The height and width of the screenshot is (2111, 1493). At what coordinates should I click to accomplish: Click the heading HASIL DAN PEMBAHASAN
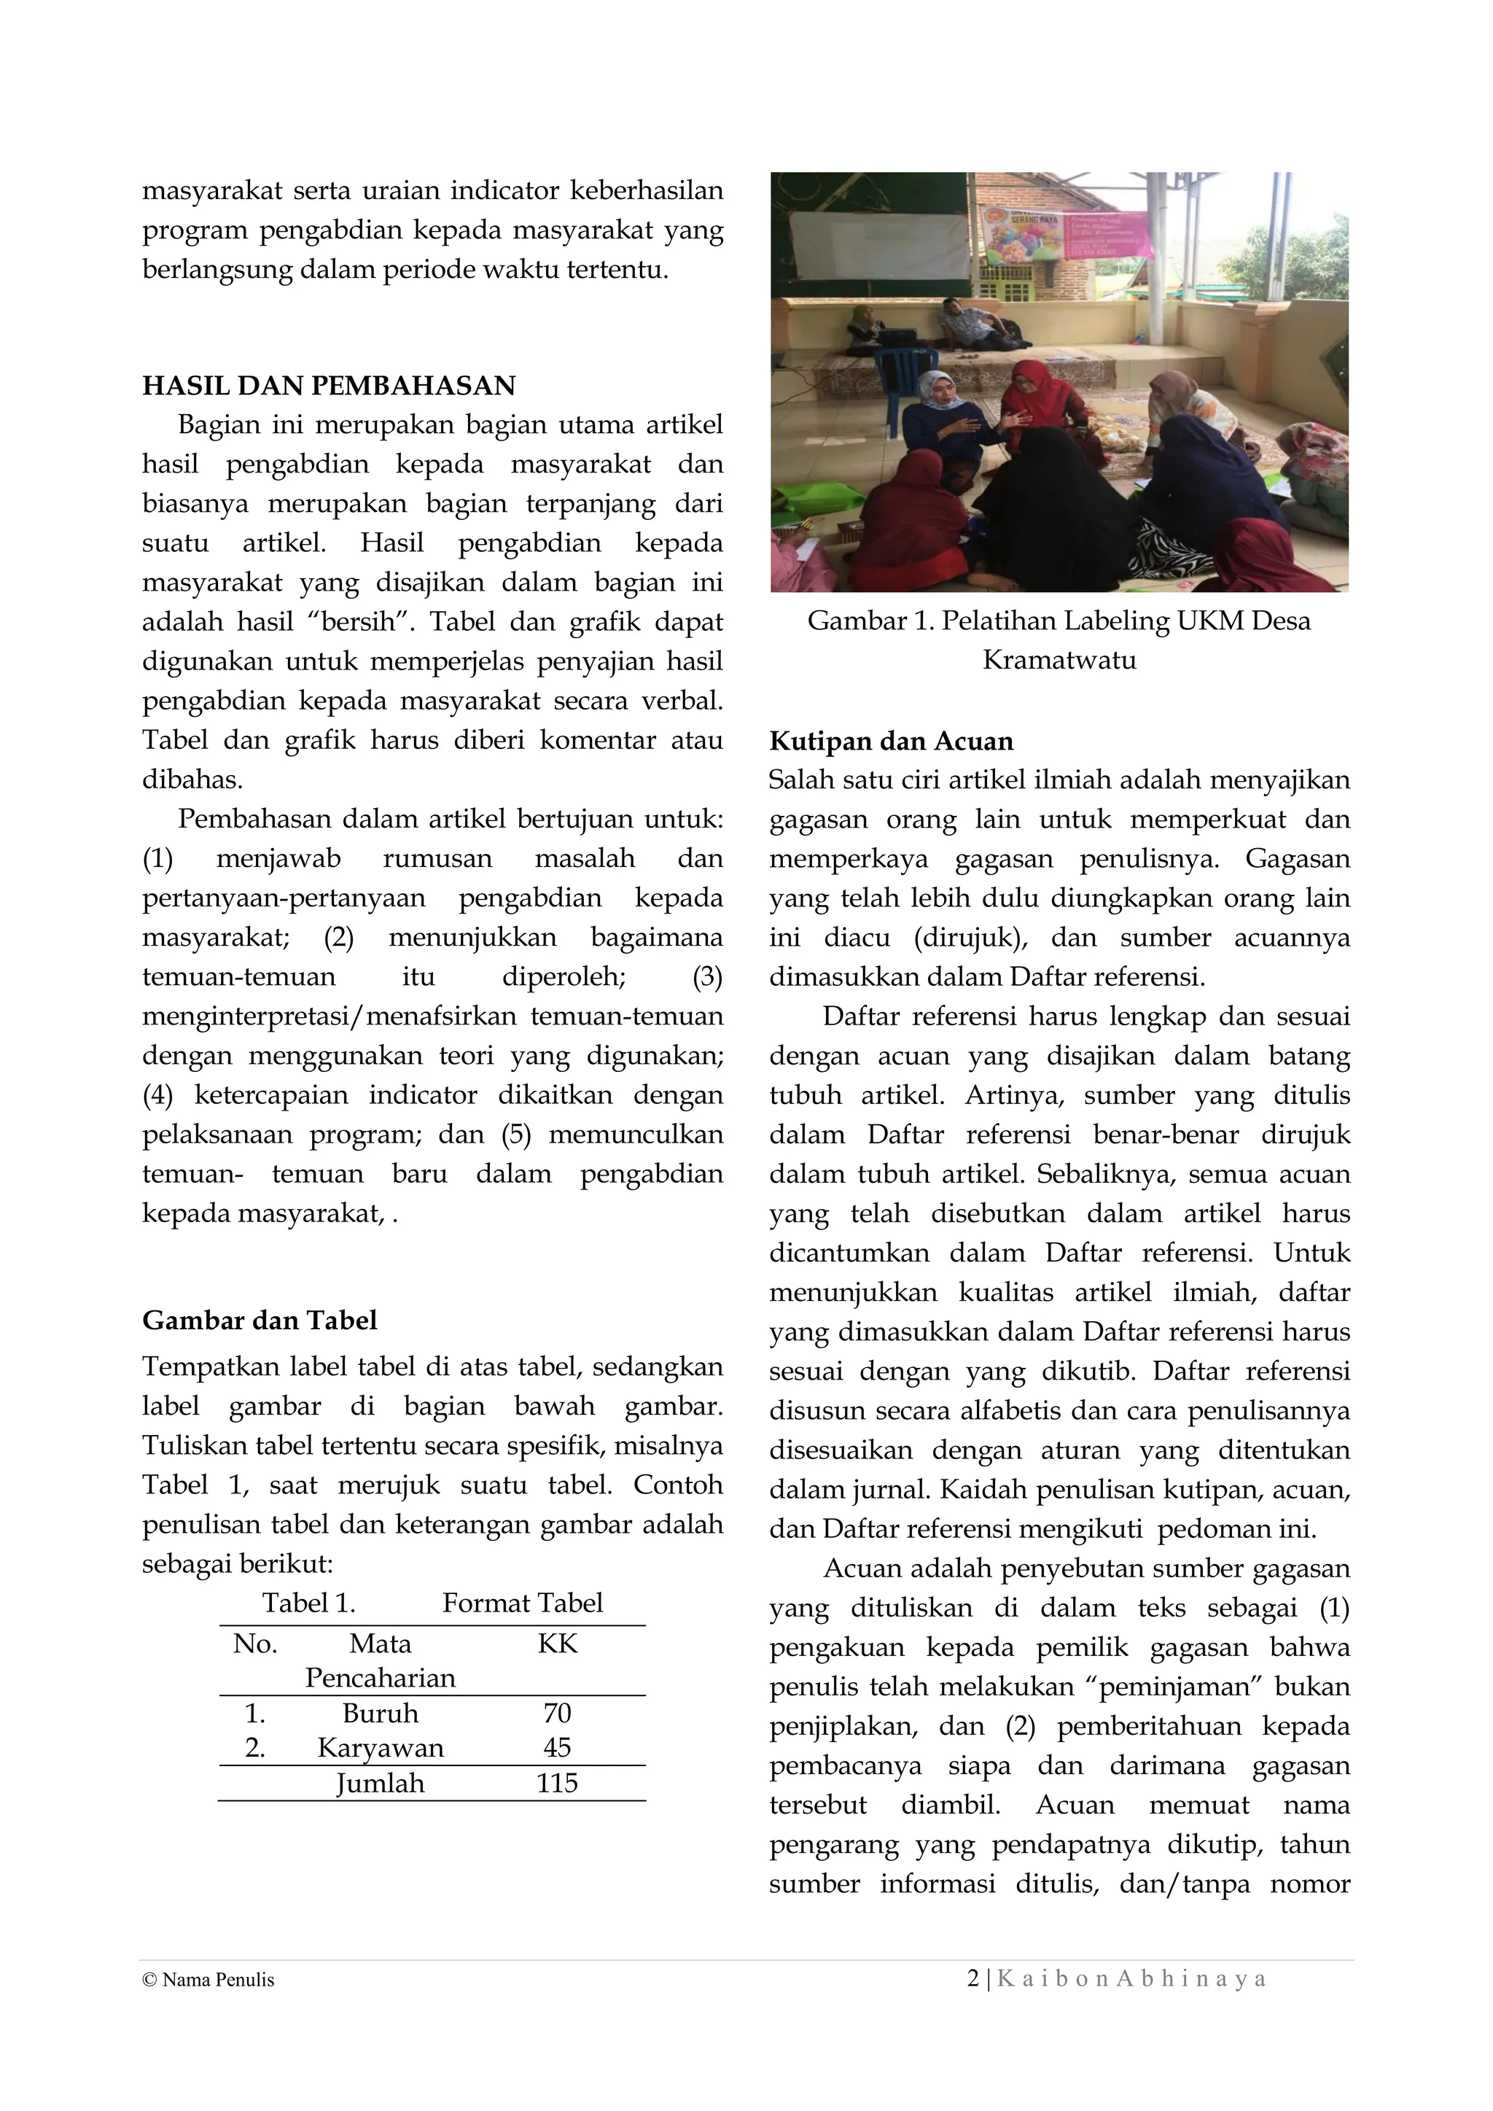pos(328,385)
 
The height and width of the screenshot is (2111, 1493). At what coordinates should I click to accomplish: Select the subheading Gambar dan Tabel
pos(260,1321)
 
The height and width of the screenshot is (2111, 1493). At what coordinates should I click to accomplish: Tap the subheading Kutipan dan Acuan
pos(891,741)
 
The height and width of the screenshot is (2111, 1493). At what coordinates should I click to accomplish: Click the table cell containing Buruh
pos(380,1713)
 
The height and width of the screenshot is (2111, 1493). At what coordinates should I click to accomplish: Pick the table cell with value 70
pos(557,1713)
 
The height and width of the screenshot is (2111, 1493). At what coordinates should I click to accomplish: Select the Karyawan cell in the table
pos(380,1748)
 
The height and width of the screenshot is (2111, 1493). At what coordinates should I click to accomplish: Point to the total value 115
pos(557,1784)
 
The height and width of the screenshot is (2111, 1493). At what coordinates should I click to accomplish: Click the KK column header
pos(557,1644)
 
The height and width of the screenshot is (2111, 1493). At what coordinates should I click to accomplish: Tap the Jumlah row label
pos(380,1784)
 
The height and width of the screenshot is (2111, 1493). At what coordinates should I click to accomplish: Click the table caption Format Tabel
pos(522,1603)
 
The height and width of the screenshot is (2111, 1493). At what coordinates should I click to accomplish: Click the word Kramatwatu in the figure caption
pos(1059,660)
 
